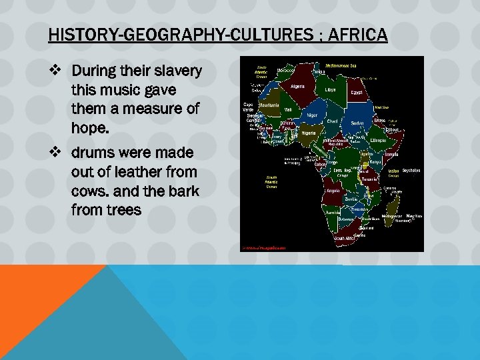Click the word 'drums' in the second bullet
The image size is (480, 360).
(x=95, y=153)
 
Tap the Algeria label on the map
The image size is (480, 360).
(x=298, y=86)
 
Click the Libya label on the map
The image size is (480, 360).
(x=331, y=89)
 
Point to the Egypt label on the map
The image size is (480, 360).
(x=357, y=92)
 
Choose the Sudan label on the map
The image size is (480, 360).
(x=358, y=123)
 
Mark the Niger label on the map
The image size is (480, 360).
(x=312, y=115)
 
